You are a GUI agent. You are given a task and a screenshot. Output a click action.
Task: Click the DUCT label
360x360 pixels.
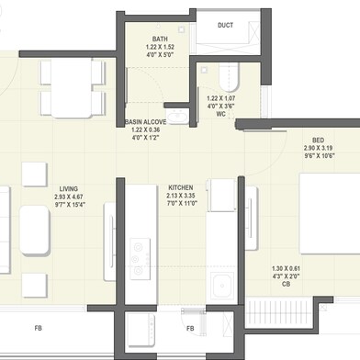[x=225, y=26]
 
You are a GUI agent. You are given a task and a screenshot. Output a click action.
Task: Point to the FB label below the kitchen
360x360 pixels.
[x=190, y=327]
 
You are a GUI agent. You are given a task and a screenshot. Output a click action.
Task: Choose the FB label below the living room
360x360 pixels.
[x=38, y=327]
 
